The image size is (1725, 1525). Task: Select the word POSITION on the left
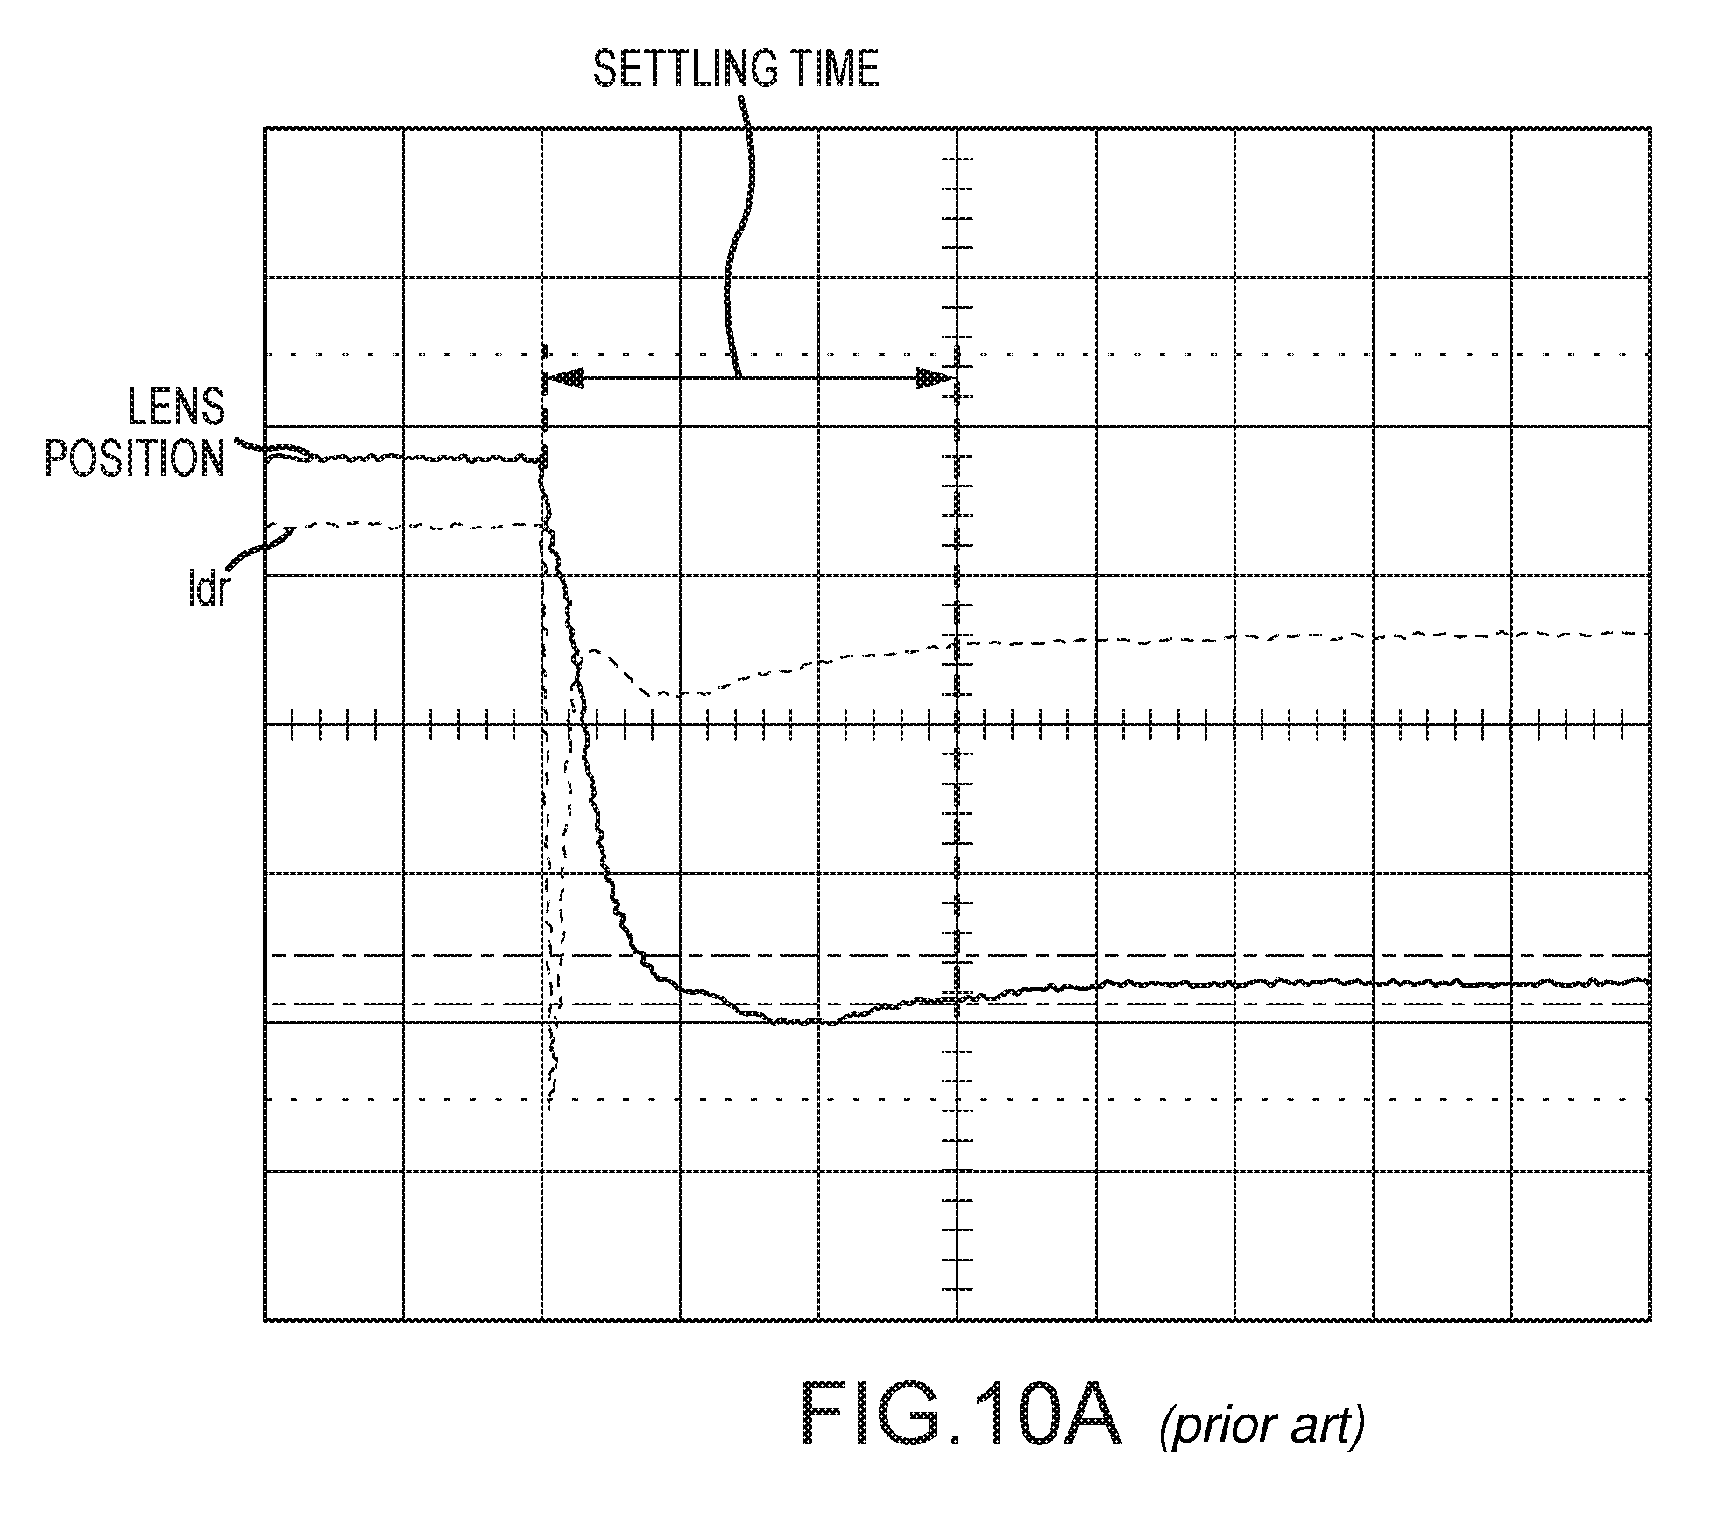tap(135, 457)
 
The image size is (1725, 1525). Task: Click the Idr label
tap(207, 591)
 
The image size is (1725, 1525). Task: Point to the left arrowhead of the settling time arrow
tap(563, 379)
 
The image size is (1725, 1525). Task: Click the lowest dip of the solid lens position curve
tap(802, 1022)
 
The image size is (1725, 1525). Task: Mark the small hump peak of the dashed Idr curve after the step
tap(594, 651)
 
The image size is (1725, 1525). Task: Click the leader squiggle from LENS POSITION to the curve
tap(280, 452)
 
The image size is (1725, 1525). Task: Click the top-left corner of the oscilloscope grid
tap(265, 128)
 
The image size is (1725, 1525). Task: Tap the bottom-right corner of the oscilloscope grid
tap(1651, 1320)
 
